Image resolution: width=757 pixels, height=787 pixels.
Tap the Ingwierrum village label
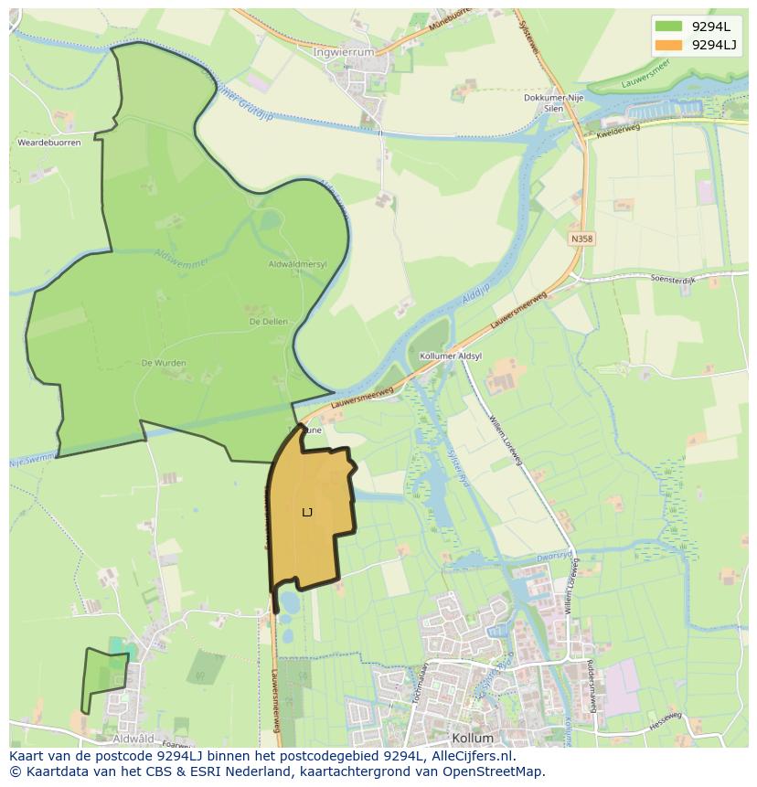344,52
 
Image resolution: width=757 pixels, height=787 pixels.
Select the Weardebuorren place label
49,143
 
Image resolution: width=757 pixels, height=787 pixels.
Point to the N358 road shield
581,239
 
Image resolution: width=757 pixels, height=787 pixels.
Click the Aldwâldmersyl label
297,264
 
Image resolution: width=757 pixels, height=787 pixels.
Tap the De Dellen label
268,322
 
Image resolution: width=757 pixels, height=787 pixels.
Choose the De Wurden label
164,363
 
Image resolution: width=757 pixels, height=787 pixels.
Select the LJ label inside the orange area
307,513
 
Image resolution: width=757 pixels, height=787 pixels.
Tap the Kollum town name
473,738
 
